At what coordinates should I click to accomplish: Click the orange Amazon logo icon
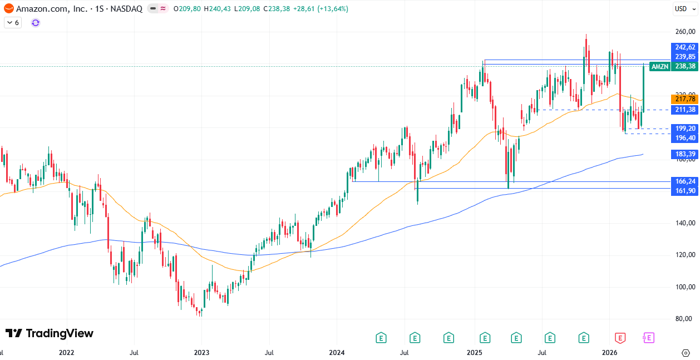tap(8, 8)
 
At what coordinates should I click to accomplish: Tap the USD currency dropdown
tap(682, 8)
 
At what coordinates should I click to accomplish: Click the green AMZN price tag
tap(660, 66)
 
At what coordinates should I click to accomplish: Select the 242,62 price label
tap(685, 47)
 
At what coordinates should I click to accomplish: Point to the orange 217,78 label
tap(685, 99)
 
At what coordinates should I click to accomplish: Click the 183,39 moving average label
tap(685, 154)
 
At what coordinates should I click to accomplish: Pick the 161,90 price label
tap(685, 191)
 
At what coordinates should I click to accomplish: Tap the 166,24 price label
tap(685, 181)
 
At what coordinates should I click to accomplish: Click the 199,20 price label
tap(685, 129)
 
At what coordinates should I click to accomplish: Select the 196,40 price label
tap(685, 138)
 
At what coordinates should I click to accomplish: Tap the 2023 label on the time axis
tap(201, 352)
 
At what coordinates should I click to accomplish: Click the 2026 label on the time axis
tap(610, 352)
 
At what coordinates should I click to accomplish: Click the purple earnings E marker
tap(648, 337)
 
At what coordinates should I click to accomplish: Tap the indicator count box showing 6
tap(13, 23)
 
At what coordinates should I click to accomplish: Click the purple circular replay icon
tap(36, 23)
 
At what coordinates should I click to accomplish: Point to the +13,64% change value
tap(333, 8)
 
